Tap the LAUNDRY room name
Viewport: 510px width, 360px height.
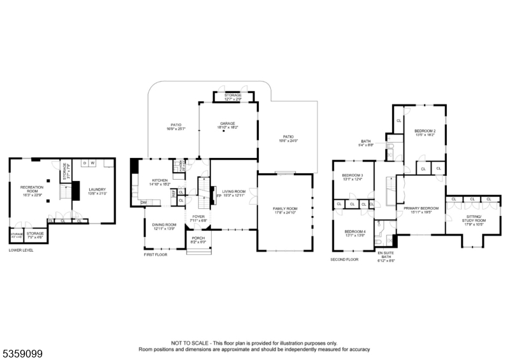[x=97, y=189]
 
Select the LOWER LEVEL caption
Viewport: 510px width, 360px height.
[x=21, y=250]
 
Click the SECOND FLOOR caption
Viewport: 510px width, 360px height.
[x=344, y=259]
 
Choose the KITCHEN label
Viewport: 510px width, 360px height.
[x=160, y=180]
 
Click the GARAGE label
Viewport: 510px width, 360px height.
[x=228, y=123]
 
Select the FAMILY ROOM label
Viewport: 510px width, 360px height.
[x=285, y=209]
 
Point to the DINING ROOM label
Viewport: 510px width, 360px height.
[x=164, y=224]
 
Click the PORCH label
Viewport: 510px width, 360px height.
[x=198, y=240]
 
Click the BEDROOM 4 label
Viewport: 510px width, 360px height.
[x=354, y=231]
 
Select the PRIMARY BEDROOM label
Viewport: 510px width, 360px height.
[x=421, y=208]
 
